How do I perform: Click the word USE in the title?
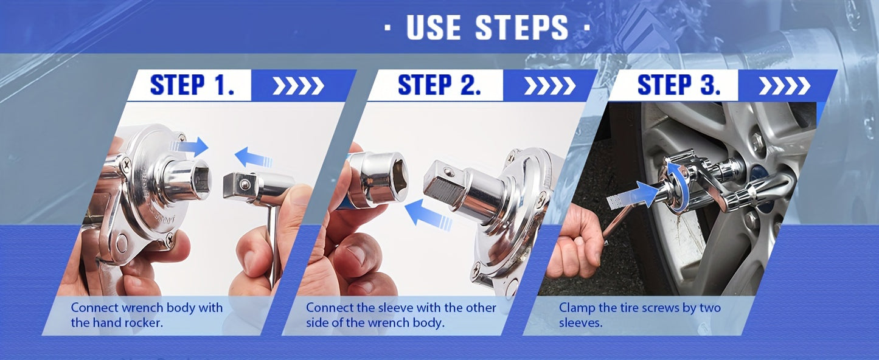(434, 27)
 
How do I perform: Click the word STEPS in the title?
(521, 27)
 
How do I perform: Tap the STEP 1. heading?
(192, 85)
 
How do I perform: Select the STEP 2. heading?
(439, 85)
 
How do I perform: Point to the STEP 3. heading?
(679, 85)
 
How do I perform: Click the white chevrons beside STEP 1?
(298, 86)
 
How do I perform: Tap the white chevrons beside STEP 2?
(550, 86)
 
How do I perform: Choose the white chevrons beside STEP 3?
(785, 86)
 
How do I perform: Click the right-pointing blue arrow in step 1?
(189, 147)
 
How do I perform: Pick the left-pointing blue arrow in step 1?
(253, 157)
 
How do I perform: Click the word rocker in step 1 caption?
(143, 323)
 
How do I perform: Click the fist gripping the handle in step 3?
(577, 243)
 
